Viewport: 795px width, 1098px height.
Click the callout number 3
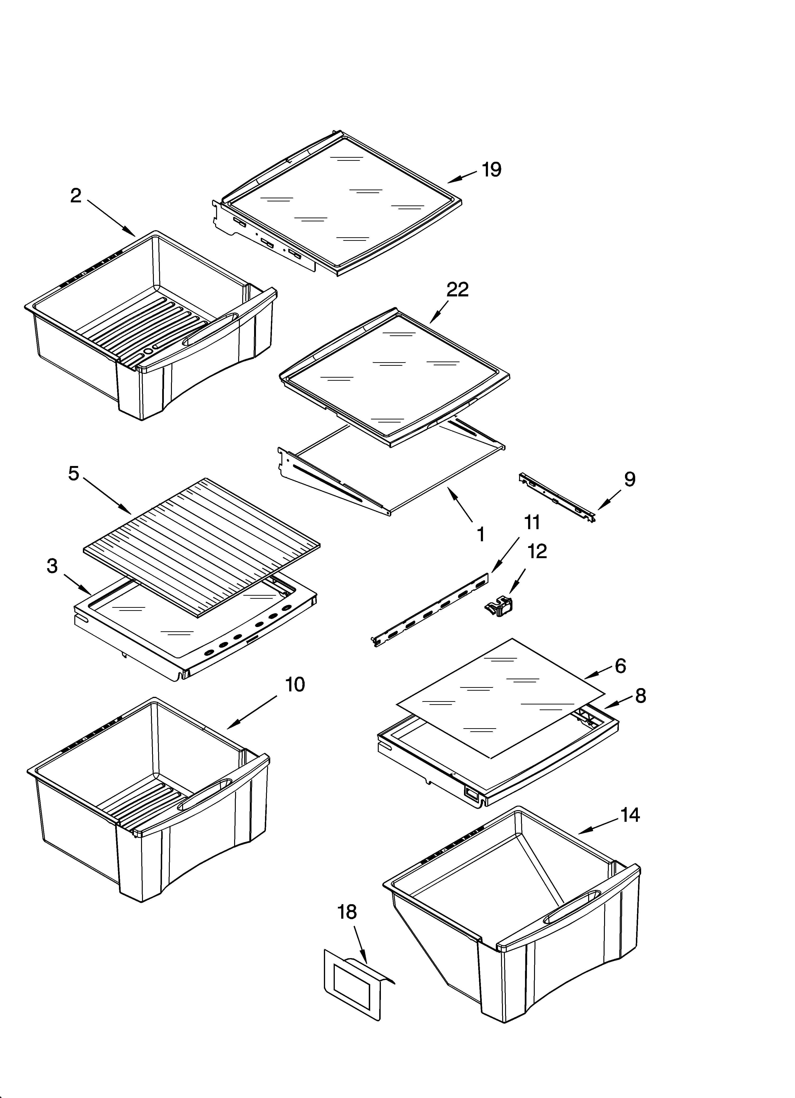52,566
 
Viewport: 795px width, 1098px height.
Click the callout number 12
537,551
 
